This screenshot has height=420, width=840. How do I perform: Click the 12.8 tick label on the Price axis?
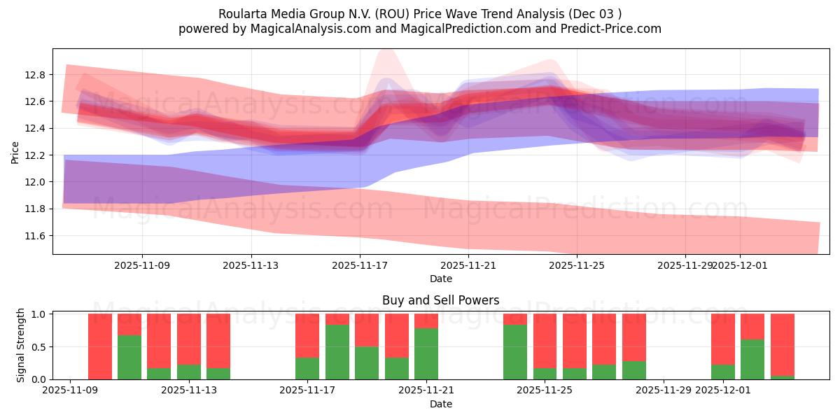coord(36,75)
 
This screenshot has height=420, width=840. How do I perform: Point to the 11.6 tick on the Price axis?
coord(36,236)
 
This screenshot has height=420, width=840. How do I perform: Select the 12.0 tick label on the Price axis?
coord(36,182)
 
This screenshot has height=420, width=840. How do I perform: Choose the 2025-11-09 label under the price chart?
coord(142,266)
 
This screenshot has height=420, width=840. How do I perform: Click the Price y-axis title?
coord(15,152)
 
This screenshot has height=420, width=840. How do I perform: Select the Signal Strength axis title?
coord(21,345)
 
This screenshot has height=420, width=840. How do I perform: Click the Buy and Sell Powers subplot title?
coord(440,300)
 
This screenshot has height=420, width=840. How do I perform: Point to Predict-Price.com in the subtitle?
coord(608,29)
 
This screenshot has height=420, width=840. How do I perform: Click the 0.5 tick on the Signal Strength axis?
coord(39,346)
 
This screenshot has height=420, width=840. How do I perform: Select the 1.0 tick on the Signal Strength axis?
coord(39,314)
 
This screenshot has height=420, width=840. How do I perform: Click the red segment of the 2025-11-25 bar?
coord(545,340)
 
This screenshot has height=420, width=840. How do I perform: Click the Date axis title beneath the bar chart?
coord(440,404)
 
